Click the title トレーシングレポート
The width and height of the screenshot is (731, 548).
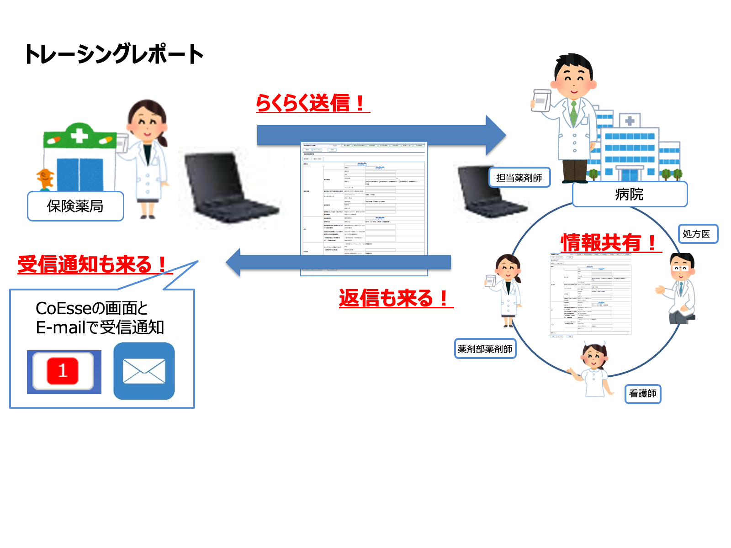[114, 54]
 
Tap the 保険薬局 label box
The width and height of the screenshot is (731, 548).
[75, 206]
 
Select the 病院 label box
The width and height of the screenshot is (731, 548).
[630, 195]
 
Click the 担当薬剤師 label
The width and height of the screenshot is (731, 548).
[519, 178]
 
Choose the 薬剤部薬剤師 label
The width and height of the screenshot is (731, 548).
[485, 349]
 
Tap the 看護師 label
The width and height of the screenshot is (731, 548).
[642, 393]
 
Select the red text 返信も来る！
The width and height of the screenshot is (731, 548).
[395, 298]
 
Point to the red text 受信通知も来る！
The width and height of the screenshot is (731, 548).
[94, 264]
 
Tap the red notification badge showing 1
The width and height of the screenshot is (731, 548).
[63, 371]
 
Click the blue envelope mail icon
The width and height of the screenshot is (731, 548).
[144, 371]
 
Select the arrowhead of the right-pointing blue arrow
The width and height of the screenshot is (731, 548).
[495, 135]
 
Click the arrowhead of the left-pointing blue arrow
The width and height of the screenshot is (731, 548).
[234, 263]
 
